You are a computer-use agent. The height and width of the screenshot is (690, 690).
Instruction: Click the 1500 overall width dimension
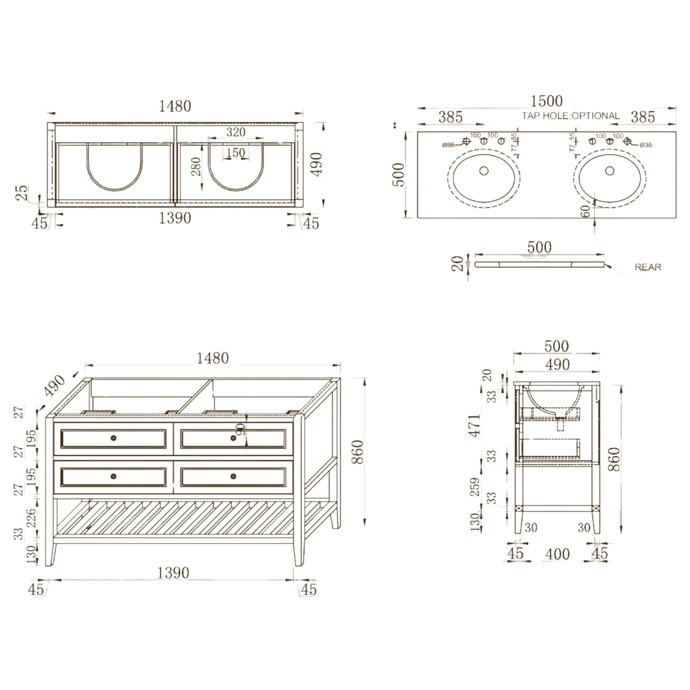coord(546,101)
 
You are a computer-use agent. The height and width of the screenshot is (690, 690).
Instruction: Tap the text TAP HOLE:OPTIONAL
coord(570,116)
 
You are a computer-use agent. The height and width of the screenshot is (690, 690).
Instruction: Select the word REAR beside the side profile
coord(648,267)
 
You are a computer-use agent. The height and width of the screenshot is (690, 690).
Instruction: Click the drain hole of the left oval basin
coord(484,171)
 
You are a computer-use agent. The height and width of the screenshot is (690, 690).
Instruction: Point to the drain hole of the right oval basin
coord(609,171)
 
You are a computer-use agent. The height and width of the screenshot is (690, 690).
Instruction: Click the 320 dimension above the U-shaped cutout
coord(236,132)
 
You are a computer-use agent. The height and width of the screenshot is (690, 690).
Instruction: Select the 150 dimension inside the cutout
coord(236,153)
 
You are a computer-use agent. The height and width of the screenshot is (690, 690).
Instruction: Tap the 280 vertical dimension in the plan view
coord(196,166)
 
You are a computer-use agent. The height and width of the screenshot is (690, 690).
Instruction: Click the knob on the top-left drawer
coord(114,438)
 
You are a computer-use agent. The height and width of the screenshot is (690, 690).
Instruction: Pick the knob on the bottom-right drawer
coord(233,476)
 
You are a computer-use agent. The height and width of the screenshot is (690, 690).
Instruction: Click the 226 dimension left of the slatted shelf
coord(31,518)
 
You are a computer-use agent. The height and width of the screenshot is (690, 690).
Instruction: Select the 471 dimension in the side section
coord(475,426)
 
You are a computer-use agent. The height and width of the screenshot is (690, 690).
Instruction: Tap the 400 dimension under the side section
coord(557,554)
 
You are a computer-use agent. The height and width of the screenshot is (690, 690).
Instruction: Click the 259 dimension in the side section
coord(475,487)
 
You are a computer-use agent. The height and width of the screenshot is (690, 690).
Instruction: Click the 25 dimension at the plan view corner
coord(22,193)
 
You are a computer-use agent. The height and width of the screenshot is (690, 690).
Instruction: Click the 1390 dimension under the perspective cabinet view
coord(173,573)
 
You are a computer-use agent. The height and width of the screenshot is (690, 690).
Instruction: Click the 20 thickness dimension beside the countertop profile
coord(458,264)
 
